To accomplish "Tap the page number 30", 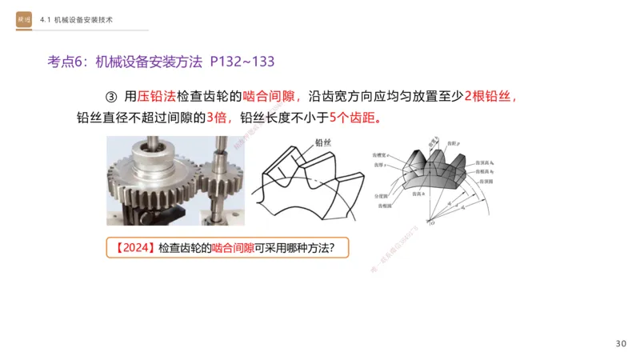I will [621, 343].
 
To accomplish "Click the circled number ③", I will [111, 96].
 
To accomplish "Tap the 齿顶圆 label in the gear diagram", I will [486, 182].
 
